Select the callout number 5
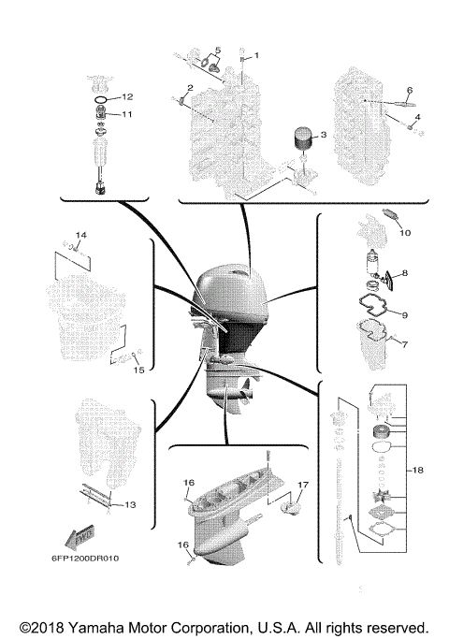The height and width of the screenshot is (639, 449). click(x=217, y=50)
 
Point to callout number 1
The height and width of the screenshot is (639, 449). click(x=258, y=54)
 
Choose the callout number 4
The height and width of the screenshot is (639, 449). click(x=417, y=117)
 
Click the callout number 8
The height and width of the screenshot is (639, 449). click(x=404, y=273)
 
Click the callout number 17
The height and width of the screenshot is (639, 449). click(x=303, y=484)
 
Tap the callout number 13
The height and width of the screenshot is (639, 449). click(x=129, y=504)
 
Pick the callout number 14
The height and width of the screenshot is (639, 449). click(x=80, y=234)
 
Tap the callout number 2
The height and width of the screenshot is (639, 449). click(x=189, y=88)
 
